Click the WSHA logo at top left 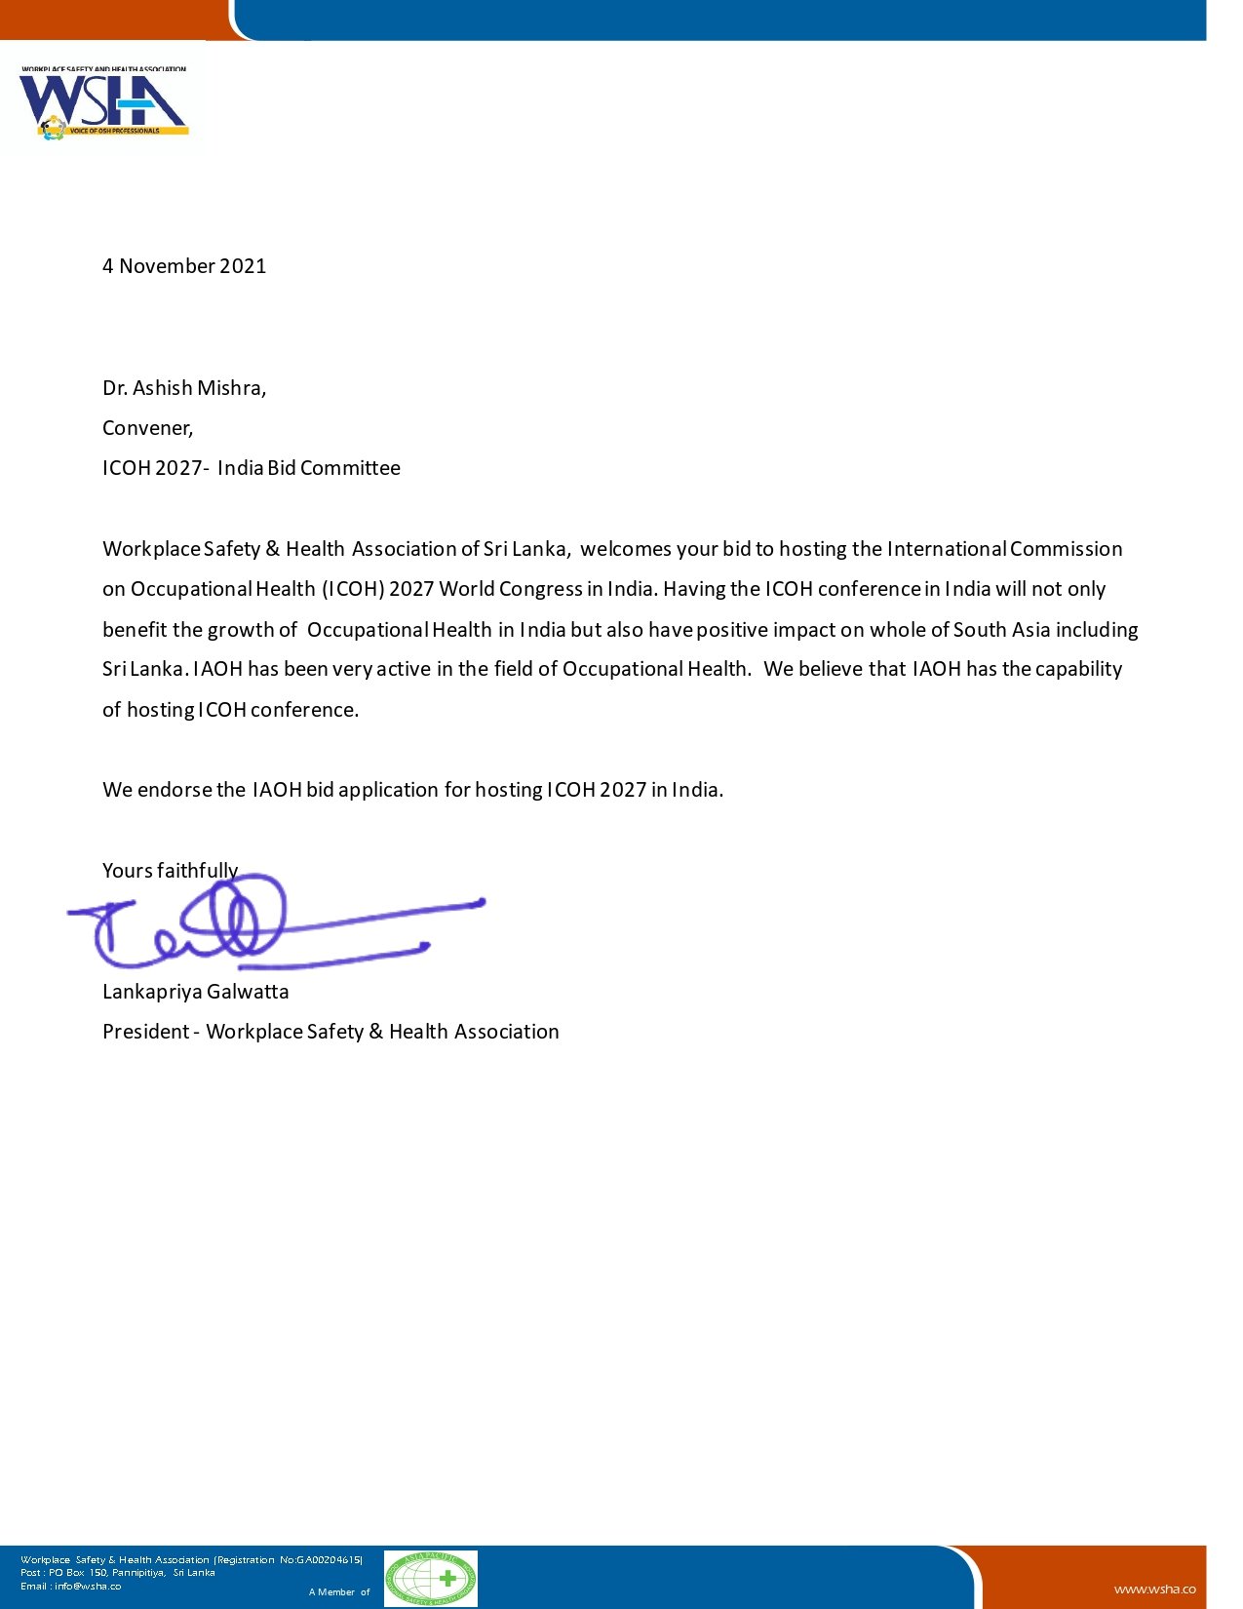click(x=103, y=103)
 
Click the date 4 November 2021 click(x=184, y=266)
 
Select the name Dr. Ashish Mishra click(x=183, y=388)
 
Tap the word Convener click(x=147, y=428)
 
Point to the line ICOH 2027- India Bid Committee click(x=252, y=468)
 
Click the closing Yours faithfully click(x=170, y=870)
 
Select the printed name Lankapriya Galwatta click(x=195, y=992)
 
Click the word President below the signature click(x=145, y=1032)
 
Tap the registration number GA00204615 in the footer click(x=321, y=1560)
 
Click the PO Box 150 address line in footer click(x=117, y=1573)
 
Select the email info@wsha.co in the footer click(x=88, y=1586)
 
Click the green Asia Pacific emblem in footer click(x=430, y=1579)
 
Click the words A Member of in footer click(x=339, y=1592)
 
